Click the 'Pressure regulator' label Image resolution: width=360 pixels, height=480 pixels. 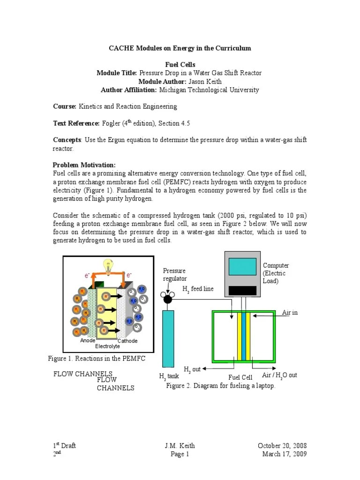174,275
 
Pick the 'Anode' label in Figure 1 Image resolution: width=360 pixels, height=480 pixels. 88,341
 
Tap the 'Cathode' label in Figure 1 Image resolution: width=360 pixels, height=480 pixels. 127,341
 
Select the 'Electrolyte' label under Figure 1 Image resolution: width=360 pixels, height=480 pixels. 108,346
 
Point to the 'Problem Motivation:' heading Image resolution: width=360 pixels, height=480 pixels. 84,165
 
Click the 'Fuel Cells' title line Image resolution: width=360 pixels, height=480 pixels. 180,64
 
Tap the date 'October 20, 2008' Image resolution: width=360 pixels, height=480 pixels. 282,445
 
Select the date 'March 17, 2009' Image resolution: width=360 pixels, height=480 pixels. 284,454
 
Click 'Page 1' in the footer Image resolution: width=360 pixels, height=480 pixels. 180,454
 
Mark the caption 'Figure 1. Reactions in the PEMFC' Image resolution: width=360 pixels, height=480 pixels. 97,359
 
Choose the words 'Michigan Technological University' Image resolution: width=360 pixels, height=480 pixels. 209,90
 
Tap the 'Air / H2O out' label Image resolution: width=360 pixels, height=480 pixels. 279,375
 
